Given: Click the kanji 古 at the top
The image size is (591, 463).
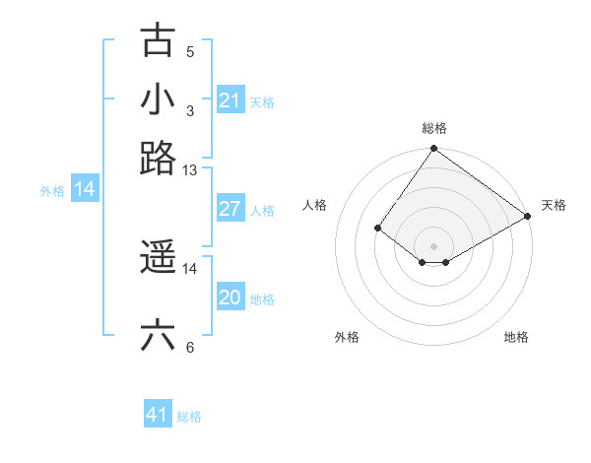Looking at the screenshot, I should (158, 41).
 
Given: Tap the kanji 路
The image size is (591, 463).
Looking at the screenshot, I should (158, 157).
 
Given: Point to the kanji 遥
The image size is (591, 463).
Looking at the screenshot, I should (158, 258).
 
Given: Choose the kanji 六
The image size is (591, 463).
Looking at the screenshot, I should (158, 335).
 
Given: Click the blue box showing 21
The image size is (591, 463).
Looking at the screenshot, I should (230, 100).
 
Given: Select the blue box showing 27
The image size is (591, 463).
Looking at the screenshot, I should (230, 209).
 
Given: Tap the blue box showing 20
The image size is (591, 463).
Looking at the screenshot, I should (230, 298).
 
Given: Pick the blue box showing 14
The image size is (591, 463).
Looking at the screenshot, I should (85, 189).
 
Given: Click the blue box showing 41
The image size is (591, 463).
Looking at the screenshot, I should (158, 415).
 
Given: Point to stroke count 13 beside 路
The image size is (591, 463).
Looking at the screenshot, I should (190, 170).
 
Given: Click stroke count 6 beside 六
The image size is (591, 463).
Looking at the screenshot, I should (190, 347).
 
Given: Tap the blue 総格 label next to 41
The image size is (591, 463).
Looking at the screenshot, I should (189, 417).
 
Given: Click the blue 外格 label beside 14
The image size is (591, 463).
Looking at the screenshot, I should (52, 191).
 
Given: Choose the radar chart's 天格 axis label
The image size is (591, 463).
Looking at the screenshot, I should (554, 205).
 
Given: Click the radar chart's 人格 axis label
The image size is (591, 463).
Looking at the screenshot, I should (315, 205).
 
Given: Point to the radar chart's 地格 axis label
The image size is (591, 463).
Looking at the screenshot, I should (516, 337).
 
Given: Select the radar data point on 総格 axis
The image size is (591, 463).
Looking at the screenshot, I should (434, 150).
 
